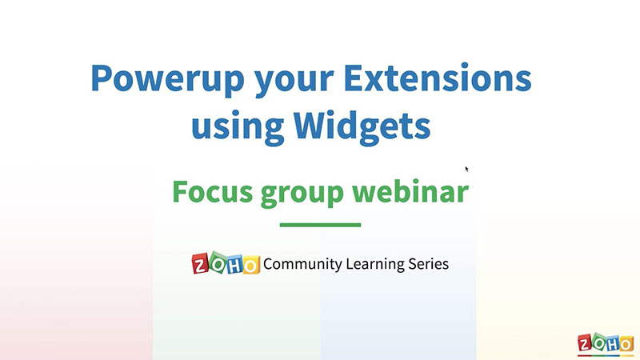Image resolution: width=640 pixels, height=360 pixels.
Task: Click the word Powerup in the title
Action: tap(167, 79)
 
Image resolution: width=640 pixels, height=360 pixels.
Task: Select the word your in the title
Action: tap(294, 83)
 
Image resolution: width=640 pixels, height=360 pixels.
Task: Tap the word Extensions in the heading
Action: tap(438, 78)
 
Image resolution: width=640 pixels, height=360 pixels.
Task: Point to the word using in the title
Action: tap(238, 128)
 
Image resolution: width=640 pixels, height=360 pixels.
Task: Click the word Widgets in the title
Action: tap(362, 126)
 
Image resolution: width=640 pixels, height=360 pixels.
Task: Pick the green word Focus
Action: tap(212, 191)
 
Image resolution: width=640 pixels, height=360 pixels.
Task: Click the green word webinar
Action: tap(410, 191)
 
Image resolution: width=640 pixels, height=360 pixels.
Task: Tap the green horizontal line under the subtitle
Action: tap(321, 225)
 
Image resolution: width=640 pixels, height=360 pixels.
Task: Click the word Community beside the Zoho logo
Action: tap(303, 264)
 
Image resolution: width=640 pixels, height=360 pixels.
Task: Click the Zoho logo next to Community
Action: tap(226, 263)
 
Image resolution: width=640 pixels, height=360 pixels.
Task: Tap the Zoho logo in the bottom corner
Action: tap(606, 344)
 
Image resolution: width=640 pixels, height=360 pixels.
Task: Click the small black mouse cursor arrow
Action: tap(467, 170)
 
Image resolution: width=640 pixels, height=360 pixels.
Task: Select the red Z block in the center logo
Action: tap(200, 265)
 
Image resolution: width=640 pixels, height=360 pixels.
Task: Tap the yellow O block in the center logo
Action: tap(251, 266)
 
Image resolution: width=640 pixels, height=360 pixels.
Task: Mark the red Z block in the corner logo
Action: tap(585, 344)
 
